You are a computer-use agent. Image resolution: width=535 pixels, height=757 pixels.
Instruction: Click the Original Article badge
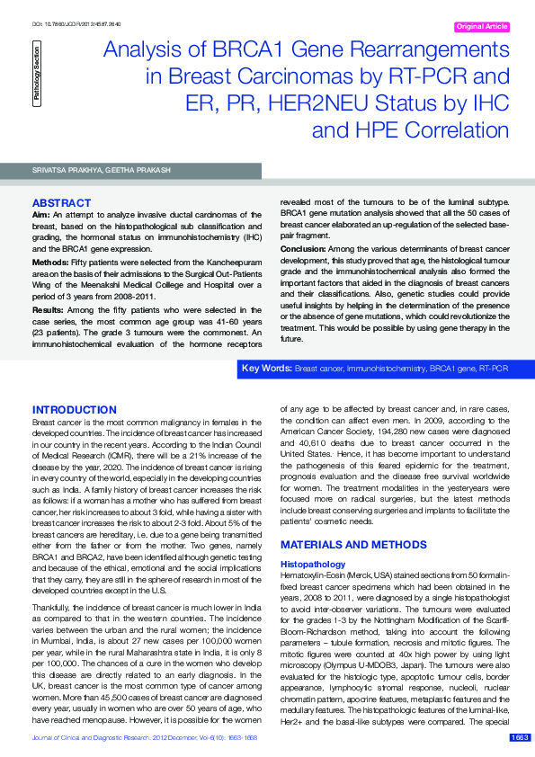coord(483,27)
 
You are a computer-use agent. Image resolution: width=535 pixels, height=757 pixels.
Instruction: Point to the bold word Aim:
coord(41,215)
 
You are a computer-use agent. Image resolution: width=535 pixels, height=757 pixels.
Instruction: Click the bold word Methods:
coord(52,261)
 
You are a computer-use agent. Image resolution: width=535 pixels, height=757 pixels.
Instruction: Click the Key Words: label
coord(268,370)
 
